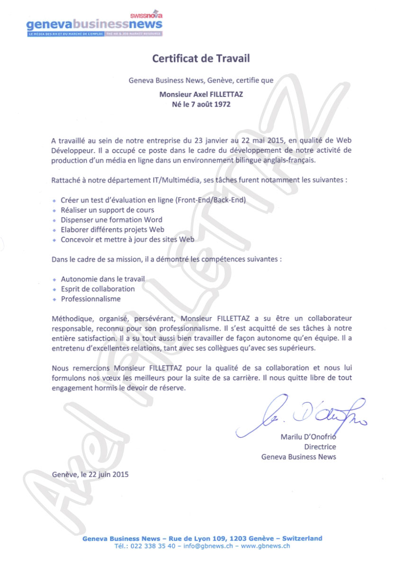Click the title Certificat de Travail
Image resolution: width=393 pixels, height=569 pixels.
pos(201,59)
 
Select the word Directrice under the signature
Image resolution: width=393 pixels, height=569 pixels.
pos(320,447)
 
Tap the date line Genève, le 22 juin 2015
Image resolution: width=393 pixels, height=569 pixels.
pos(90,474)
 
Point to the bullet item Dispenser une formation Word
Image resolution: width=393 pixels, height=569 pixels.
pos(111,220)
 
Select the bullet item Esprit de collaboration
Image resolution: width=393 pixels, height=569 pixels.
pos(98,289)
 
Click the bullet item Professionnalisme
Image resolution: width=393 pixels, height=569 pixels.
pos(90,299)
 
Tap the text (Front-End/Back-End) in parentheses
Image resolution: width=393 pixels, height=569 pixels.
pos(211,200)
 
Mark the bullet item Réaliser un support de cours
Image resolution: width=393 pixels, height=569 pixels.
pos(107,210)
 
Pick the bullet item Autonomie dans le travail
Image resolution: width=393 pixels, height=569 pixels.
pos(103,279)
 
